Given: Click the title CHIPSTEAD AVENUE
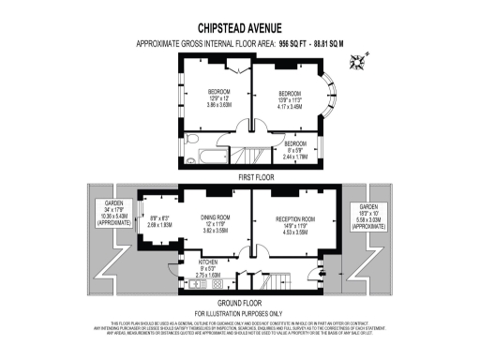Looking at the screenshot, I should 240,29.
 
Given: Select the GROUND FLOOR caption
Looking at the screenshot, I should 240,303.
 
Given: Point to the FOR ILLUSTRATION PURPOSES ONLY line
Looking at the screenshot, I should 240,312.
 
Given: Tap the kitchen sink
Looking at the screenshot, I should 198,282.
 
